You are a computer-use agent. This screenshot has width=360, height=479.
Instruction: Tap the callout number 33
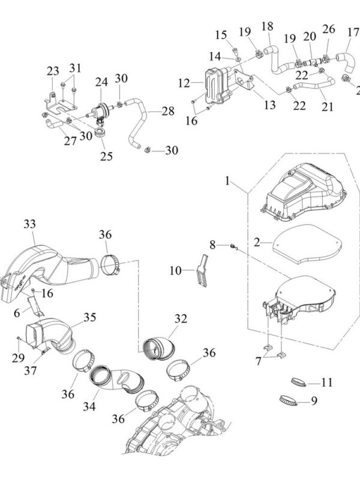coord(29,224)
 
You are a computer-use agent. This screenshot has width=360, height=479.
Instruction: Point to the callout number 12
coord(182,82)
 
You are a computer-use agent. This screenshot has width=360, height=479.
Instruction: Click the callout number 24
coord(101,82)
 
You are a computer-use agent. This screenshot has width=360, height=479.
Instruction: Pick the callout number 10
coord(175,271)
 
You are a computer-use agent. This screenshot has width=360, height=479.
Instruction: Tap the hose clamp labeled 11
coord(299,381)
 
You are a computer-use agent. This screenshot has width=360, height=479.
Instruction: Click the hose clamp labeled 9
coord(292,398)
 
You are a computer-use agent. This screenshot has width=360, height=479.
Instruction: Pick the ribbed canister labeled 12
coord(214,89)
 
